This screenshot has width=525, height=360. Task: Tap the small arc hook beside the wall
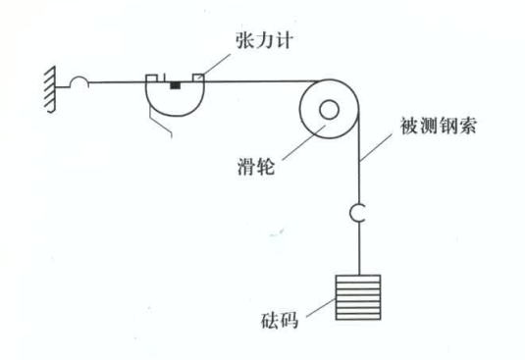[79, 84]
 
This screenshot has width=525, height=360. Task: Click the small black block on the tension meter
[175, 86]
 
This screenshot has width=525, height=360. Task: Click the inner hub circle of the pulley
[328, 110]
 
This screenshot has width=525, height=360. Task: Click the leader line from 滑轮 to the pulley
[293, 144]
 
